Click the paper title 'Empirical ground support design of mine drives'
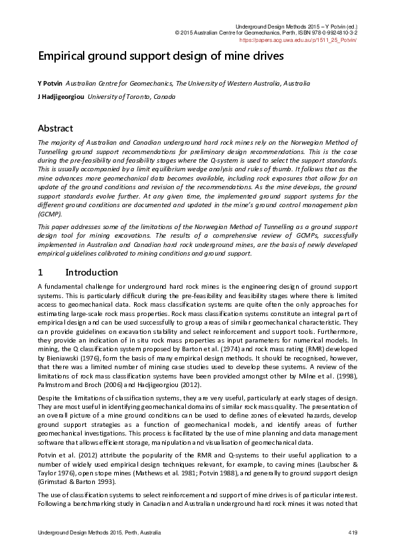tap(161, 56)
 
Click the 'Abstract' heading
tap(55, 128)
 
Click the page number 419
tap(353, 533)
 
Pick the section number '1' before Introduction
tap(40, 272)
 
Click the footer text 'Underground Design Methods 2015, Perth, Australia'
tap(100, 533)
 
